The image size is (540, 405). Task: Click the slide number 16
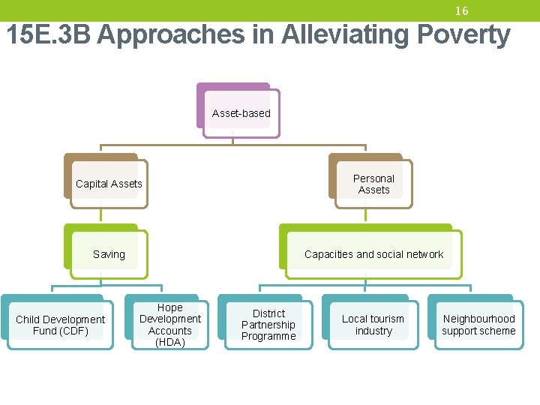tap(461, 11)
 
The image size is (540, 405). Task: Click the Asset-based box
tap(241, 113)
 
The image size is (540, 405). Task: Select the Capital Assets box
tap(109, 184)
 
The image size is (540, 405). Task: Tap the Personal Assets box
tap(373, 184)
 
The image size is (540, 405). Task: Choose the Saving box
tap(109, 254)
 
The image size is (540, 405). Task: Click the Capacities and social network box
tap(373, 254)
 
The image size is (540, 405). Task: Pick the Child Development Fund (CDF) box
tap(61, 325)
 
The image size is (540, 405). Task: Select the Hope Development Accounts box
tap(169, 325)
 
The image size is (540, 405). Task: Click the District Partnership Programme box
tap(268, 325)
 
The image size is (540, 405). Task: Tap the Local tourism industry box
tap(373, 325)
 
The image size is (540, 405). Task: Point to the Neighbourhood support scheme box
tap(478, 325)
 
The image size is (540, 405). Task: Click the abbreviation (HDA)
tap(169, 342)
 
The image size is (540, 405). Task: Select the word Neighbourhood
tap(478, 319)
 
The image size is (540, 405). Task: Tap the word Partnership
tap(268, 325)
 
